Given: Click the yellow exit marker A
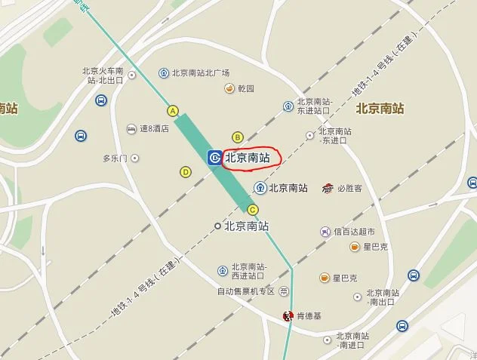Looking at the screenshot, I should click(x=173, y=111).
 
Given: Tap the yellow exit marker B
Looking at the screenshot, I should click(x=237, y=137).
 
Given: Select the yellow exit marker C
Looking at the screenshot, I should click(x=253, y=210).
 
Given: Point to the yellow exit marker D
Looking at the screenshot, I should click(x=186, y=172).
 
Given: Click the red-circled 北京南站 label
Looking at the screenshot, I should click(x=248, y=158).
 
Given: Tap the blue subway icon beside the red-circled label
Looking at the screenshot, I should click(x=214, y=158).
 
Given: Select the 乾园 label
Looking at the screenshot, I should click(x=245, y=89).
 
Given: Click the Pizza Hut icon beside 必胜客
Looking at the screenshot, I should click(x=328, y=188).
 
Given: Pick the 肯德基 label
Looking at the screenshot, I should click(x=307, y=315).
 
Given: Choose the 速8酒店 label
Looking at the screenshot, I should click(x=153, y=129).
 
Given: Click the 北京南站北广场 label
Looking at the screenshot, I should click(x=200, y=73).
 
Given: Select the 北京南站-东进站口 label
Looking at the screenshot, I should click(x=314, y=106).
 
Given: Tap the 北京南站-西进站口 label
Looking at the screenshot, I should click(x=249, y=271).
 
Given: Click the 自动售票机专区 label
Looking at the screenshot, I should click(x=246, y=291).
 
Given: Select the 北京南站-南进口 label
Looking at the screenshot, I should click(x=352, y=340).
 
